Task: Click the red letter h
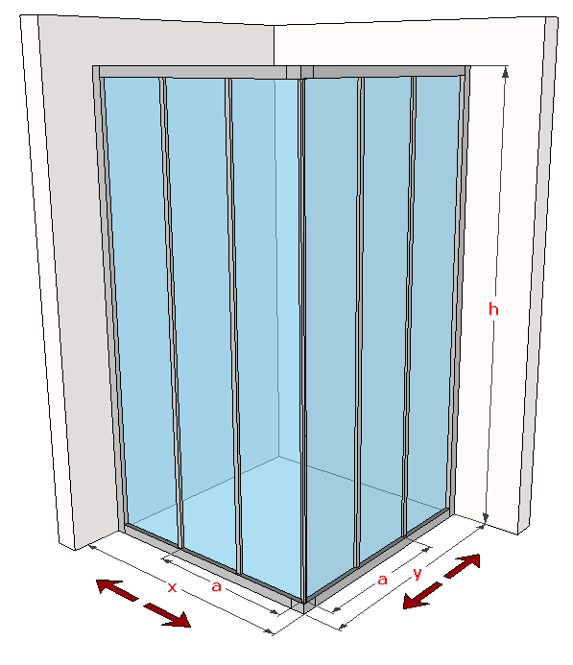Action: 493,309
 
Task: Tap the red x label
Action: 172,587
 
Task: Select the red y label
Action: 418,574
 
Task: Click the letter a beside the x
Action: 216,586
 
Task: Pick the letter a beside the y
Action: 383,580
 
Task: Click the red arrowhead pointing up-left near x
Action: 109,586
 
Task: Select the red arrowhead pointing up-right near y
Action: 469,563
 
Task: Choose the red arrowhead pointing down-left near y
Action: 415,600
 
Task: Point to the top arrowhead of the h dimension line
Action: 505,73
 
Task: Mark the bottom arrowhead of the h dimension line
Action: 486,518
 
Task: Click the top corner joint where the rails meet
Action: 299,72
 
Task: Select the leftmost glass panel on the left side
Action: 141,305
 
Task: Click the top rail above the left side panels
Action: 193,72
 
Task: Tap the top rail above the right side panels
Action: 389,71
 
